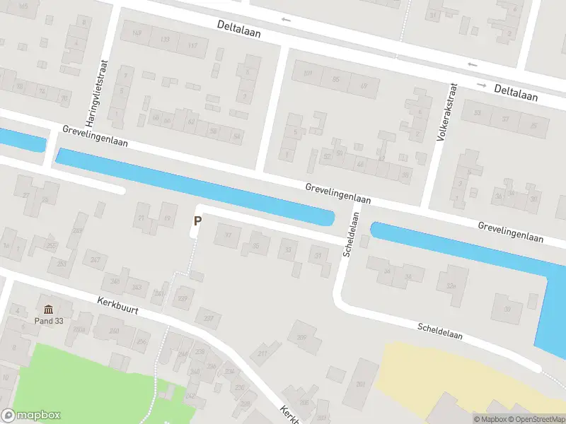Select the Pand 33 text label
click(x=49, y=320)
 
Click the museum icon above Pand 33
click(x=49, y=309)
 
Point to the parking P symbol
click(x=197, y=220)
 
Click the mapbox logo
click(x=31, y=416)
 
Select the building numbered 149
click(x=137, y=33)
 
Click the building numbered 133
click(x=164, y=40)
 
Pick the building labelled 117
click(x=192, y=46)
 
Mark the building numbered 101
click(x=307, y=73)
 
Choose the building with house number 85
click(x=335, y=79)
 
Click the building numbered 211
click(x=263, y=353)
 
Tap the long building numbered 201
click(x=361, y=383)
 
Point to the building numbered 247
click(x=96, y=259)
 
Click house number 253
click(x=62, y=264)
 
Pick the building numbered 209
click(x=302, y=336)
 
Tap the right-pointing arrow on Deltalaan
click(x=481, y=85)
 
